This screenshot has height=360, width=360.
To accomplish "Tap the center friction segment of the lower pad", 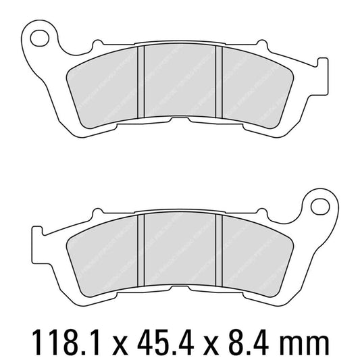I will click(181, 250).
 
